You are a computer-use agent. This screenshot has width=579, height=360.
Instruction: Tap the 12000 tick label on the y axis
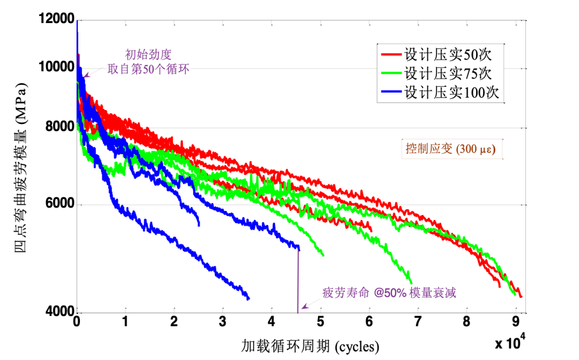click(x=56, y=20)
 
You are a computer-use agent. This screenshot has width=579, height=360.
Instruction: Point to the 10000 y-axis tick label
click(x=56, y=67)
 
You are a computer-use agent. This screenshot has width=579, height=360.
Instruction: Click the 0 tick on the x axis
click(x=77, y=321)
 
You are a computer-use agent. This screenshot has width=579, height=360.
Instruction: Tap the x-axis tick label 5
click(x=321, y=321)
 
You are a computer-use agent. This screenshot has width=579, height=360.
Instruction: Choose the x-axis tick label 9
click(x=515, y=321)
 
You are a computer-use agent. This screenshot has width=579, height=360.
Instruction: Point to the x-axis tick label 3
click(x=223, y=321)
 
